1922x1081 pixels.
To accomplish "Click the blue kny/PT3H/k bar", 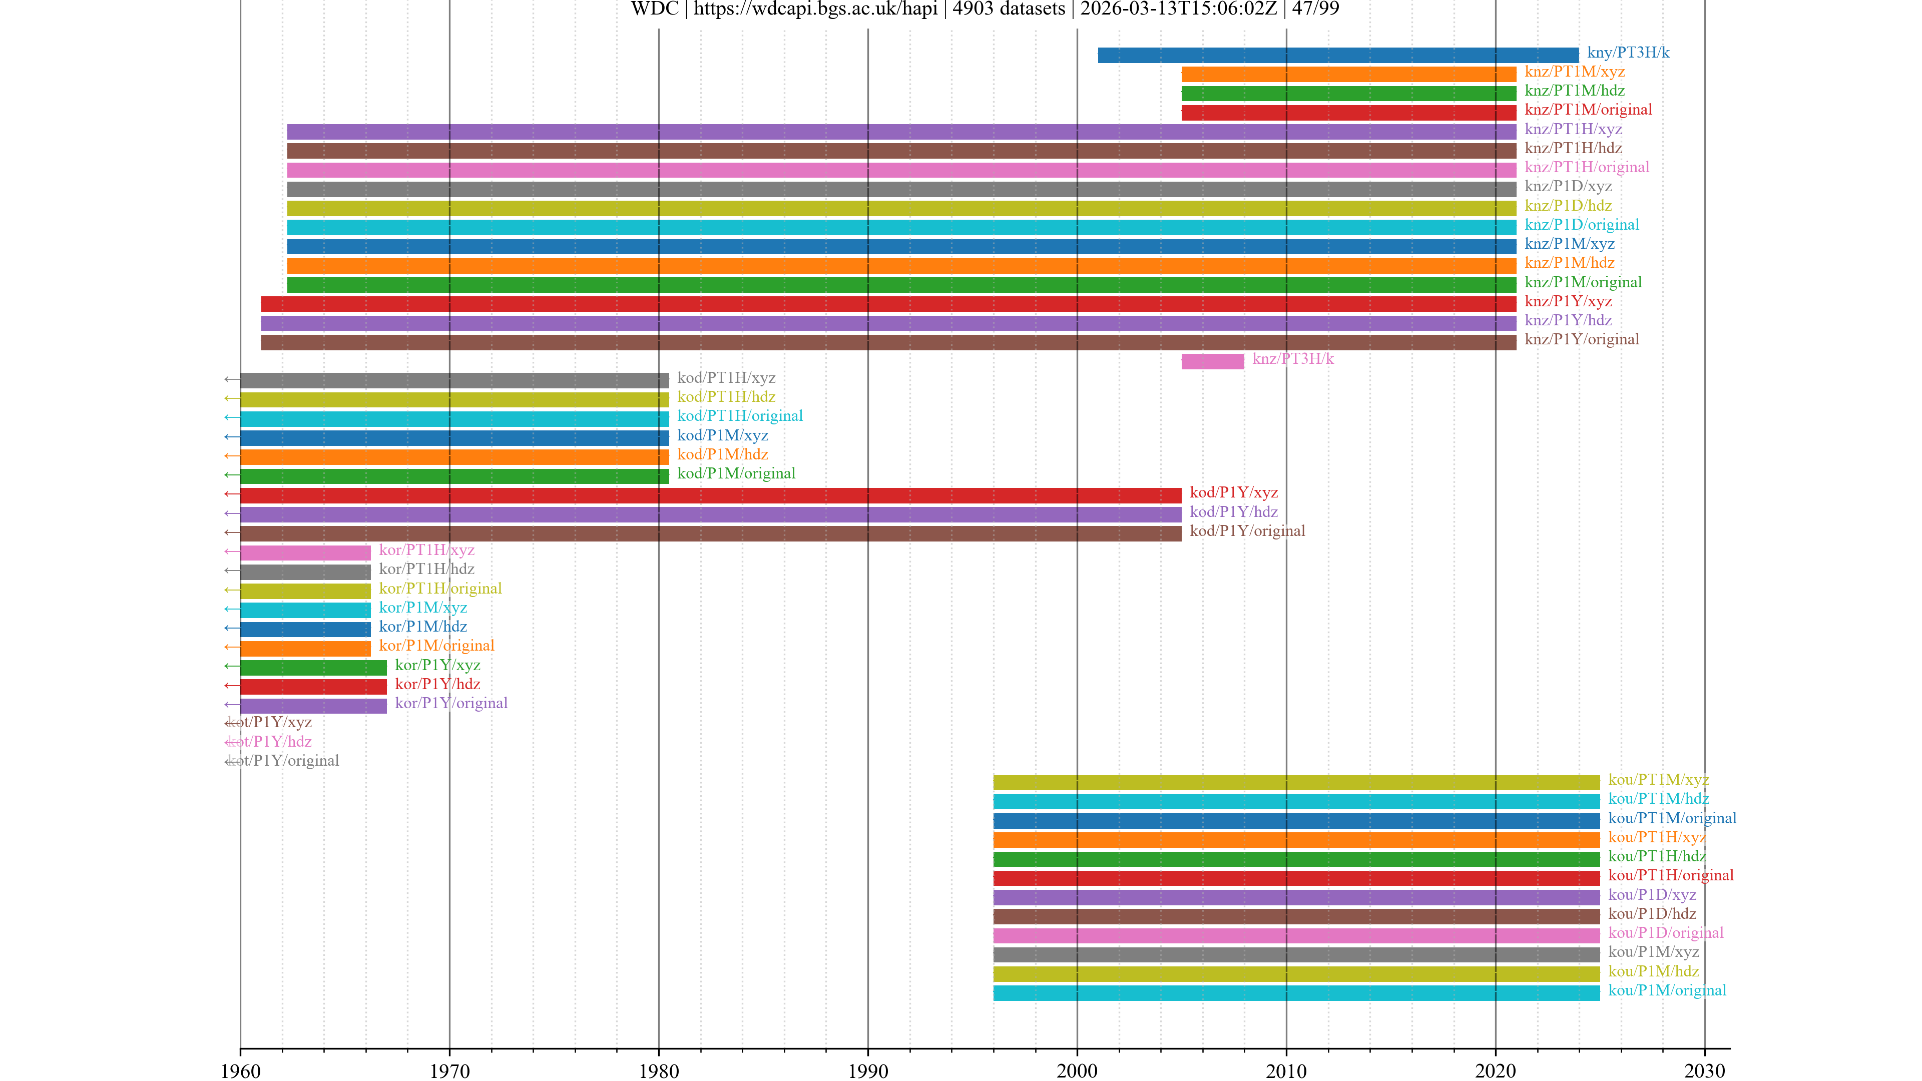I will coord(1338,55).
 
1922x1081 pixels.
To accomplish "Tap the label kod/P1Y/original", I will coord(1247,531).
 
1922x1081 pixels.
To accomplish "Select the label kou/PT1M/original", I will coord(1672,818).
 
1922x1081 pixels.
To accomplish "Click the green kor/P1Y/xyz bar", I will coord(313,668).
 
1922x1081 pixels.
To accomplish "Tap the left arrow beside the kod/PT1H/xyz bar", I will coord(231,380).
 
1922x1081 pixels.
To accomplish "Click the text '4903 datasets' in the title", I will coord(1009,9).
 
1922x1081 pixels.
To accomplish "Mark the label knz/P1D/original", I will coord(1581,225).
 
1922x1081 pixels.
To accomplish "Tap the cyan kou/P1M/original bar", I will coord(1296,993).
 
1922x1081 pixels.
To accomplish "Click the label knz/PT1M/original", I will coord(1588,110).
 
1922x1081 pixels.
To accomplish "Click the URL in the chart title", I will coord(815,9).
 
